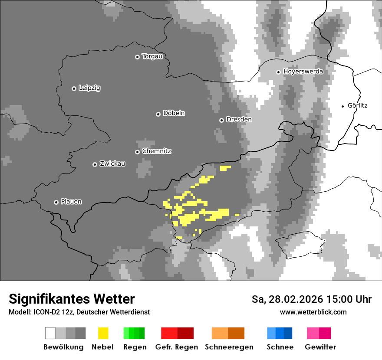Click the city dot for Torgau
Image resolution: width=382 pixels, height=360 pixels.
coord(137,57)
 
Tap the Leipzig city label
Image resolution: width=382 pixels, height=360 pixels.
coord(89,88)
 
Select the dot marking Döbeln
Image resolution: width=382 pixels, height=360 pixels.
coord(158,114)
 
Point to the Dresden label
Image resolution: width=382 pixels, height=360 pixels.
coord(239,119)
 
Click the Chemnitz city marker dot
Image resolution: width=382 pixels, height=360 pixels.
coord(137,152)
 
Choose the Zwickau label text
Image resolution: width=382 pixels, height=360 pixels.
coord(112,164)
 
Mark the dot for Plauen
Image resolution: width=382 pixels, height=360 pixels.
coord(56,202)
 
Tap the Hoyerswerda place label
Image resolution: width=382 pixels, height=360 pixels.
coord(303,71)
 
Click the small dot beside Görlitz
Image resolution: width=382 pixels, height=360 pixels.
coord(343,106)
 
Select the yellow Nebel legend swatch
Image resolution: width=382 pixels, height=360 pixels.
coord(103,333)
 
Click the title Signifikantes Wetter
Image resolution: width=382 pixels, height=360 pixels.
coord(72,299)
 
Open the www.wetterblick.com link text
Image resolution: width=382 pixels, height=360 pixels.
coord(313,312)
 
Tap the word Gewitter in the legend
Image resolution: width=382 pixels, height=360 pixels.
coord(320,347)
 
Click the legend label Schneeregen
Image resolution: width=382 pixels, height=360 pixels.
coord(229,347)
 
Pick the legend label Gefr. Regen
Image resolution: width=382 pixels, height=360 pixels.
coord(177,347)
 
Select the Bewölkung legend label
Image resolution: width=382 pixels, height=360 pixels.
coord(63,347)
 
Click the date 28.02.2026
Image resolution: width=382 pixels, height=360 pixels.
coord(294,299)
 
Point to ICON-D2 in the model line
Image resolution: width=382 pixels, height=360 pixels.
coord(46,312)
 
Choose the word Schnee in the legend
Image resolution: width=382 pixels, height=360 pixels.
coord(280,347)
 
